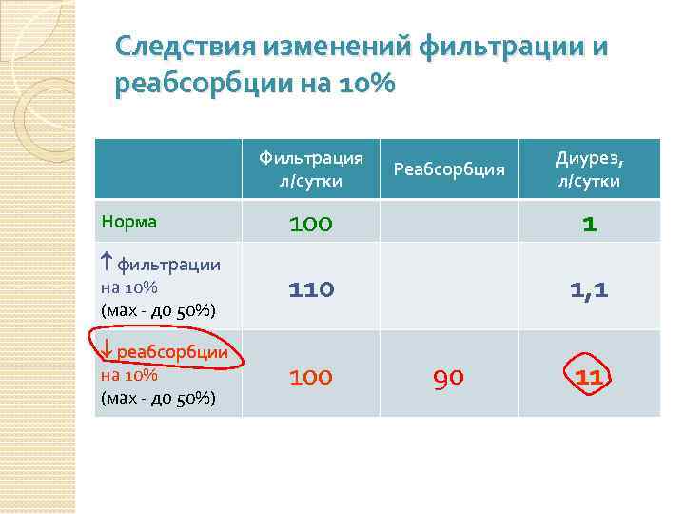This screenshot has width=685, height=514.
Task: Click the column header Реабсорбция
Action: coord(448,169)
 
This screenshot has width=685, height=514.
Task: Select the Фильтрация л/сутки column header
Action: coord(310,168)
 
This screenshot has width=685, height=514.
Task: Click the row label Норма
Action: coord(128,221)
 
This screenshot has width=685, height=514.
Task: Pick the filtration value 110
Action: coord(311,287)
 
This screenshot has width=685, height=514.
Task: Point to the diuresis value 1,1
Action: coord(590,288)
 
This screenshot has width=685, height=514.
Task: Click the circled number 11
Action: coord(589,378)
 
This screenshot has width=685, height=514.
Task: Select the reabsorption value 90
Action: coord(448,378)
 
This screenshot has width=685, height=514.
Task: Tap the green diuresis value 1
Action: coord(590,225)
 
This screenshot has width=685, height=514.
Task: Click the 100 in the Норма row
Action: coord(311,225)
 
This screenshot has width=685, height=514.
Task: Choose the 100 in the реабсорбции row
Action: coord(311,378)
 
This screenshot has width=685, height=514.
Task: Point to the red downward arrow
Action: coord(107,350)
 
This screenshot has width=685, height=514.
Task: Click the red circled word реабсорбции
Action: coord(172,352)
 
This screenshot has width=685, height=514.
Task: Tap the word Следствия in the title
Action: coord(185,47)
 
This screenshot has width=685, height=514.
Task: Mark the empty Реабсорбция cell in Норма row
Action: coord(448,221)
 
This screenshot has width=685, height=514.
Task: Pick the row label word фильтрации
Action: coord(168,265)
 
